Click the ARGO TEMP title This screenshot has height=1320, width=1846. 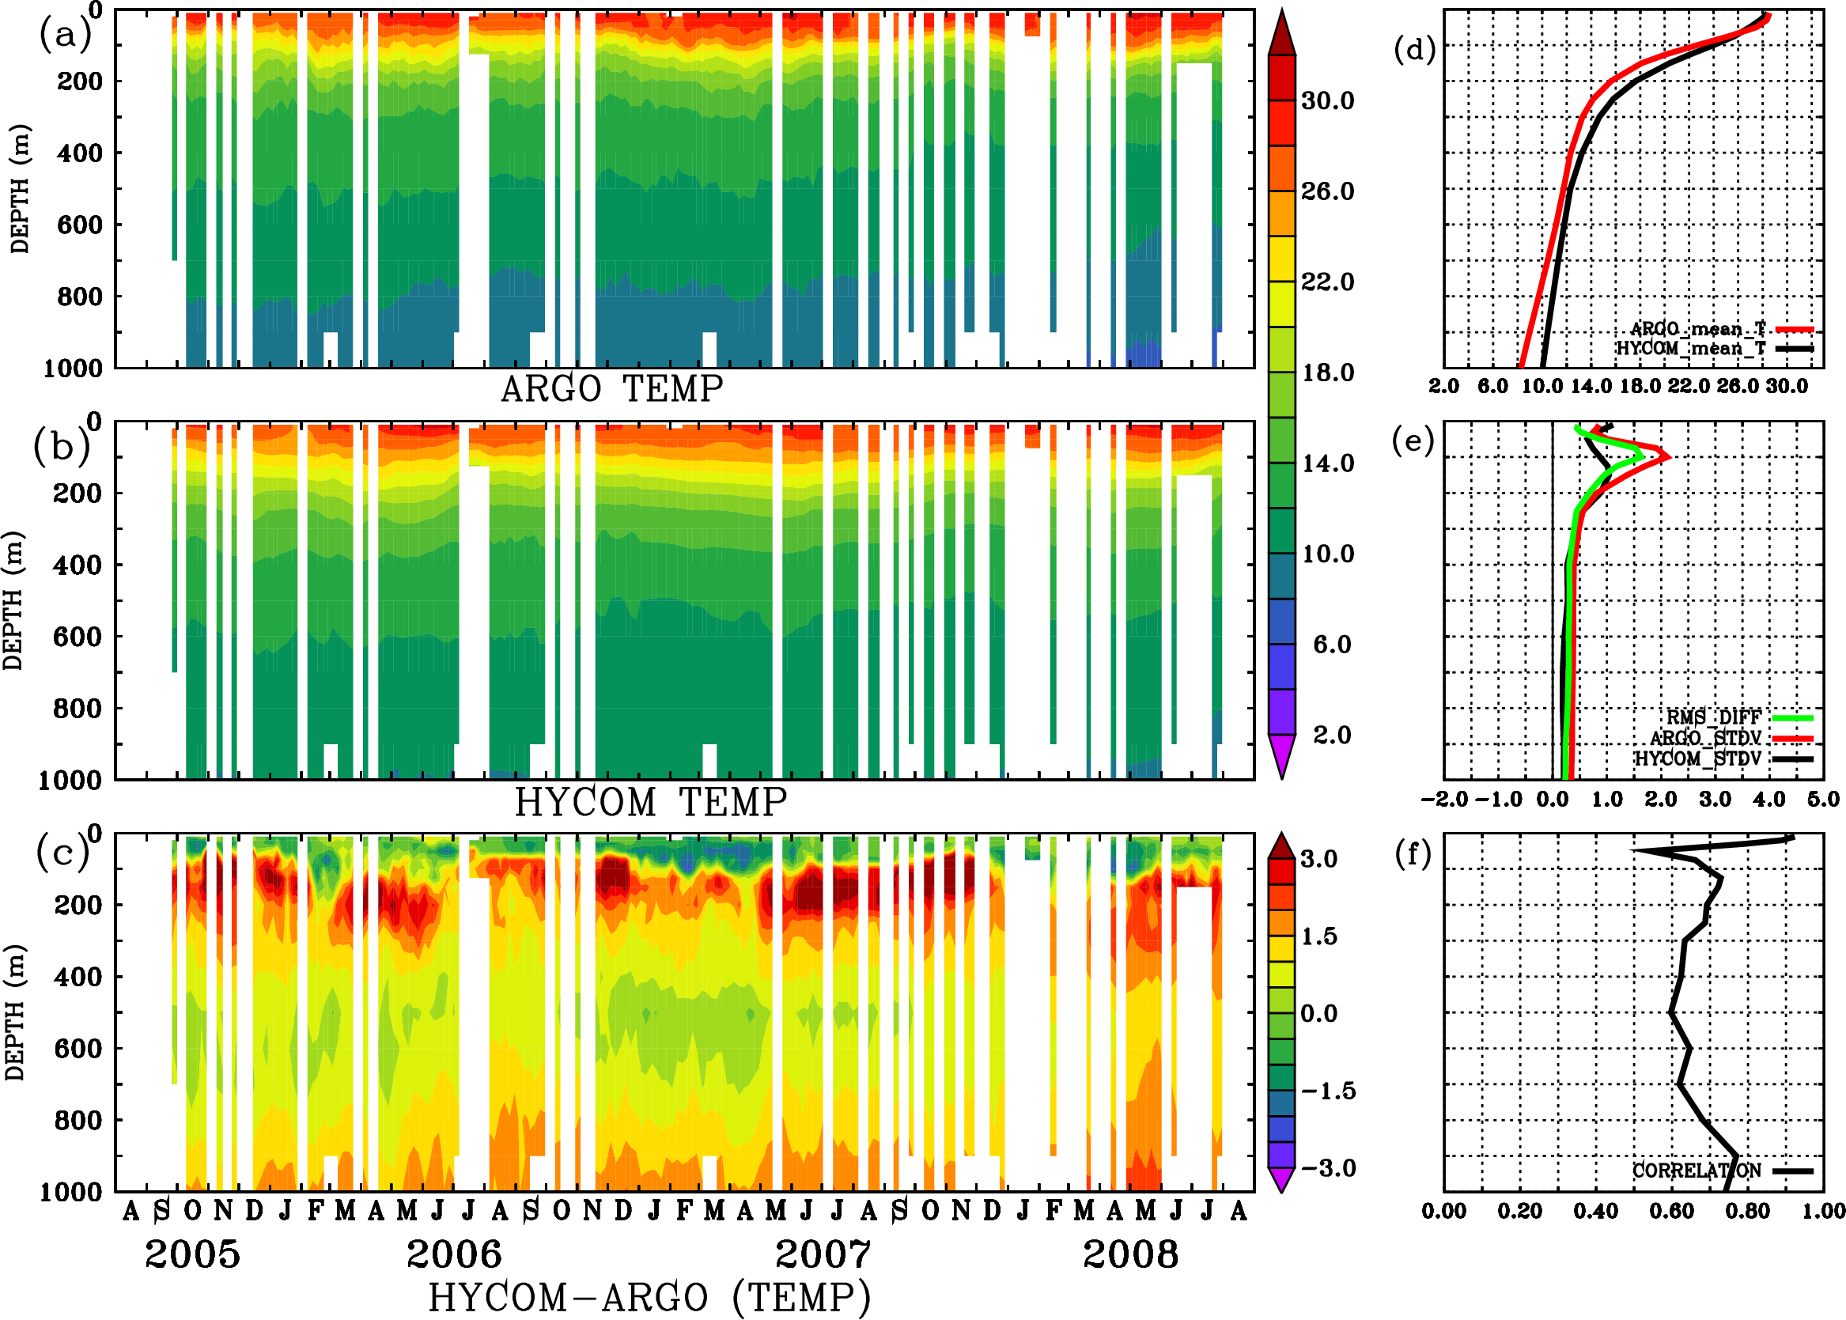point(611,389)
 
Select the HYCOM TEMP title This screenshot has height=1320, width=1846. point(651,802)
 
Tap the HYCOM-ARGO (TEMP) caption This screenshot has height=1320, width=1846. point(649,1296)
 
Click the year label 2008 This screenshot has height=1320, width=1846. point(1130,1254)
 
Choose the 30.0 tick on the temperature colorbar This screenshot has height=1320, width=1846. point(1327,100)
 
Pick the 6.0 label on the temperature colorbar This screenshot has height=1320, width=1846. point(1331,645)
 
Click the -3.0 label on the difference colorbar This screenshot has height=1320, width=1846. point(1327,1168)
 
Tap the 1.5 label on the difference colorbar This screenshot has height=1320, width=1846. point(1318,936)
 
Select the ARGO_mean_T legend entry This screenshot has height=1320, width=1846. point(1698,329)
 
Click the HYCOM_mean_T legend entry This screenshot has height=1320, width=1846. point(1692,348)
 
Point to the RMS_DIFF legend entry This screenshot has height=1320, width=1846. point(1712,717)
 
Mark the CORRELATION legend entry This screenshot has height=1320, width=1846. point(1697,1171)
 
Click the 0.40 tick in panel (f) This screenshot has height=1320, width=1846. point(1594,1211)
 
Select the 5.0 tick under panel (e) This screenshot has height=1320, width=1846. point(1823,800)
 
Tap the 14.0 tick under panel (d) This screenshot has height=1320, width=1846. point(1590,386)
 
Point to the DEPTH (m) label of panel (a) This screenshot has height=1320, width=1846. point(20,188)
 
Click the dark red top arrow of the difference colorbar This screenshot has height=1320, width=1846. point(1282,846)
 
